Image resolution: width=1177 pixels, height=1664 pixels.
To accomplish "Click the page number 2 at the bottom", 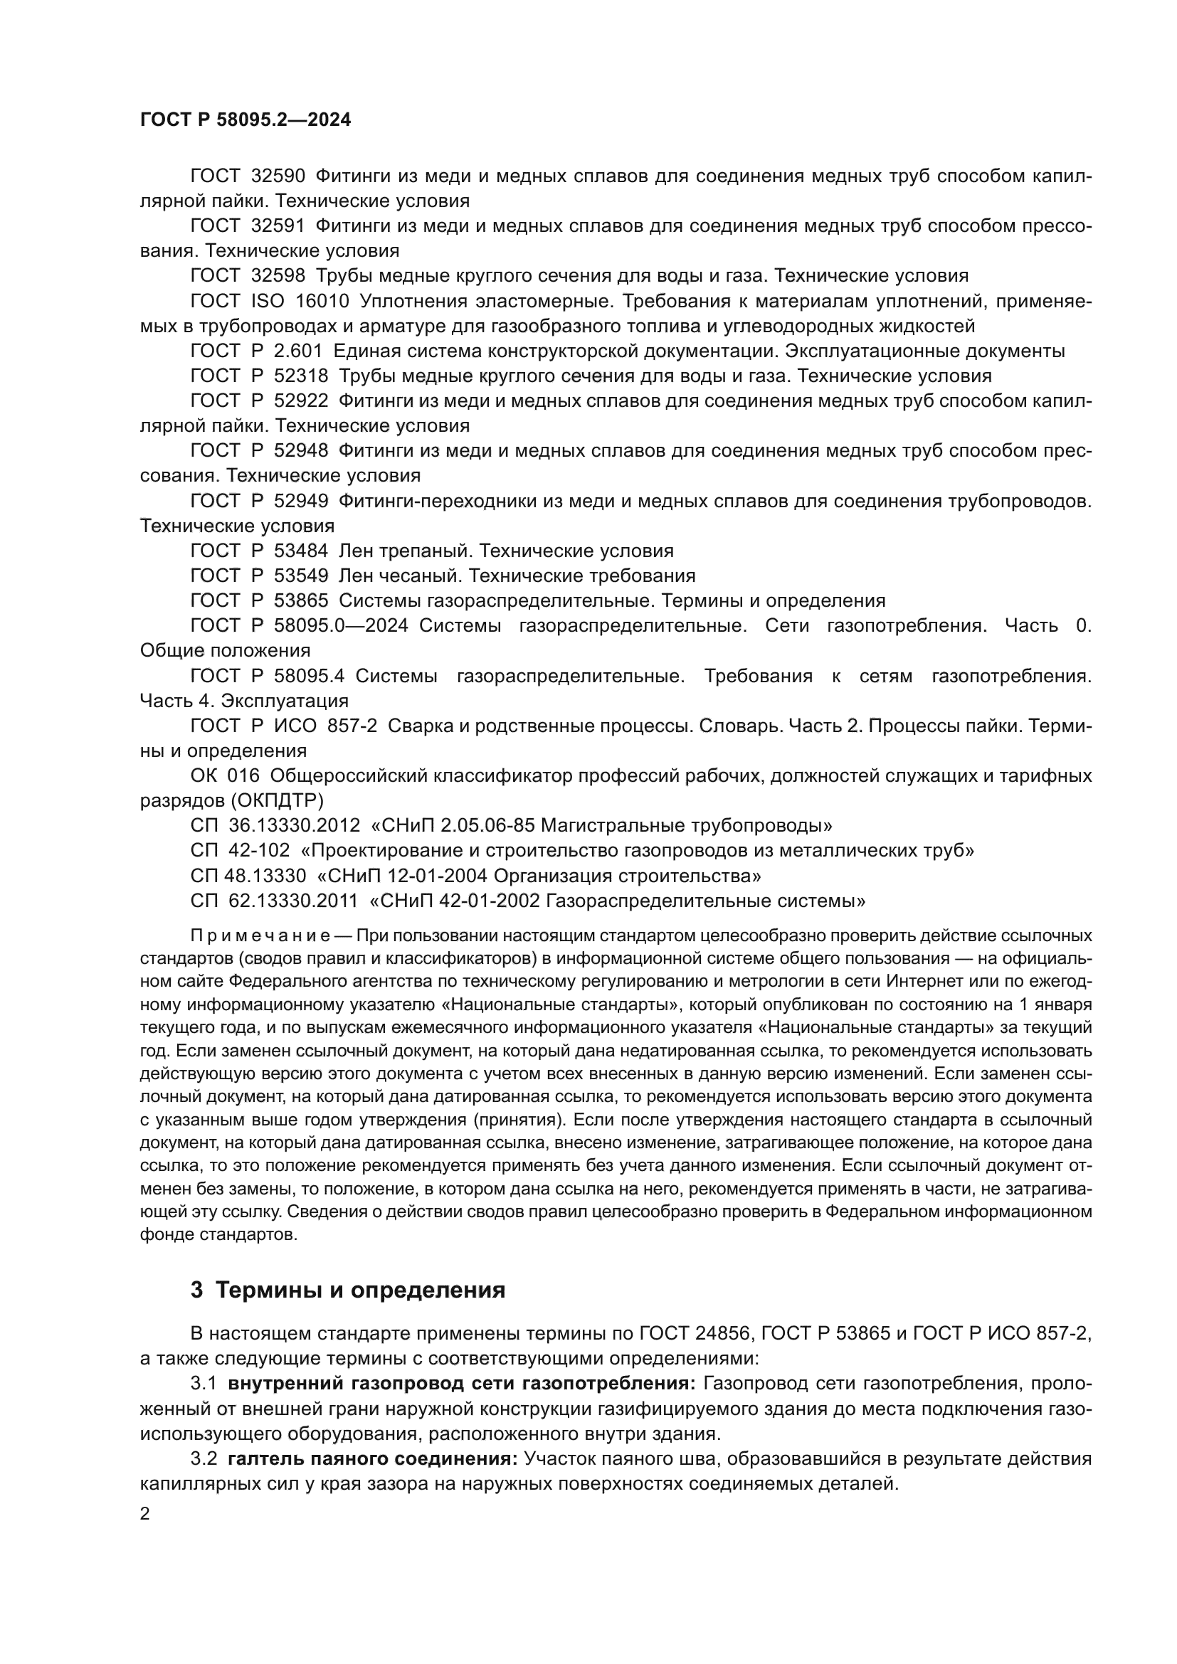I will point(145,1514).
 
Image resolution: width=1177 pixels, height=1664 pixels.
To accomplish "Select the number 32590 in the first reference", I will point(278,176).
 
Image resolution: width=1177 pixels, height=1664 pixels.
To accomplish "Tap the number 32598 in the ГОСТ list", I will point(278,275).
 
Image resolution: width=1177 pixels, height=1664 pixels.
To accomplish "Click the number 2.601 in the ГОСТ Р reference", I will point(300,351).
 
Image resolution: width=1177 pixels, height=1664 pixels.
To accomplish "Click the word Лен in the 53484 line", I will point(355,551).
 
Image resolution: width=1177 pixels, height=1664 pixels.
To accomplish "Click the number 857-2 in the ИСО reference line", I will point(352,726).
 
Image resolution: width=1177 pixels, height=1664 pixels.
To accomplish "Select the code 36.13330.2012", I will point(295,825).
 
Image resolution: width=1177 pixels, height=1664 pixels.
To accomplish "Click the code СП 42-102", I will point(240,850).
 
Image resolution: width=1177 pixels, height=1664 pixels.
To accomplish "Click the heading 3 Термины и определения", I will point(348,1291).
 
